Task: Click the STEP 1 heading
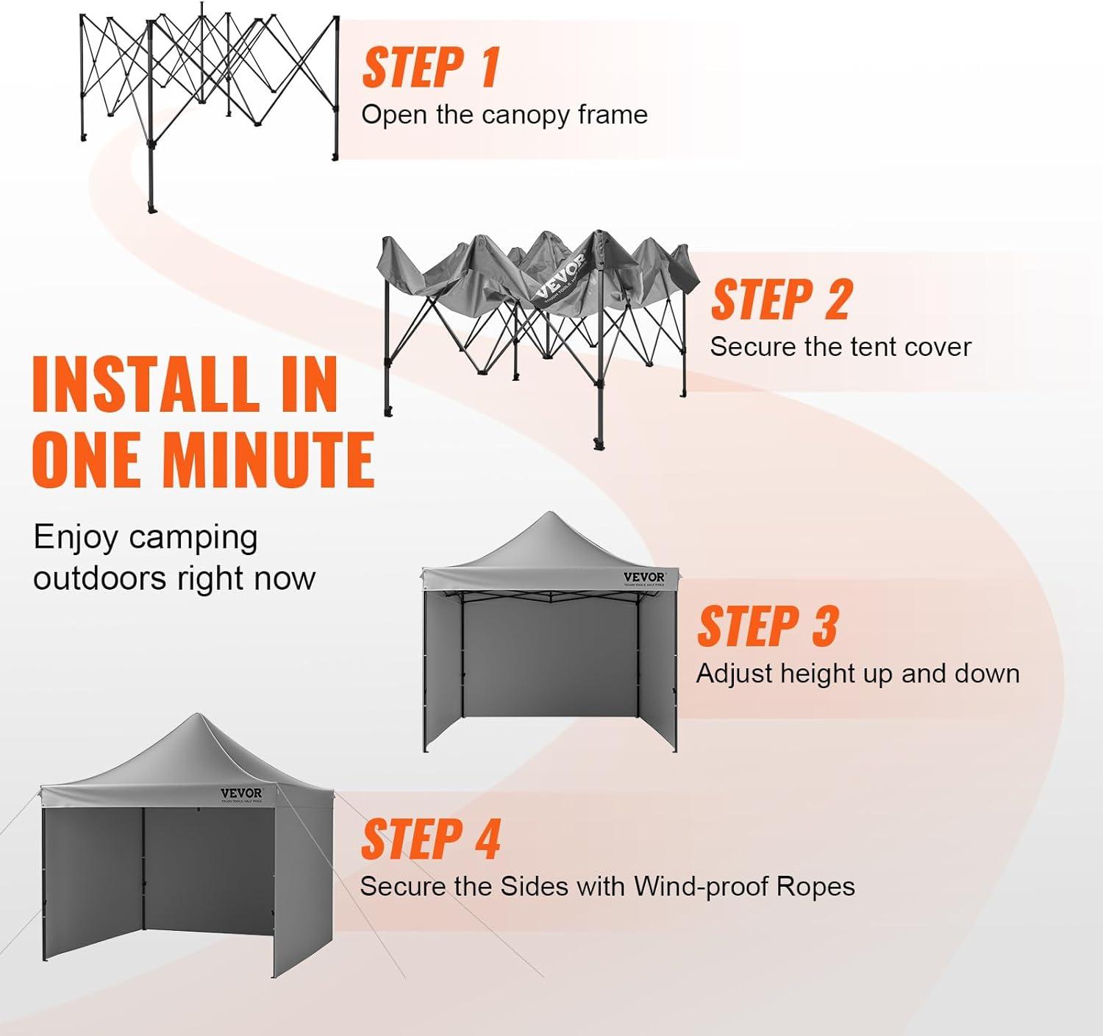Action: (431, 68)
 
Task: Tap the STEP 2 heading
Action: (781, 300)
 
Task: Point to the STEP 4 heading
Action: (430, 840)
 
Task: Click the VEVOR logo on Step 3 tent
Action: (644, 578)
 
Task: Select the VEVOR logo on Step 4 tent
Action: (241, 793)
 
